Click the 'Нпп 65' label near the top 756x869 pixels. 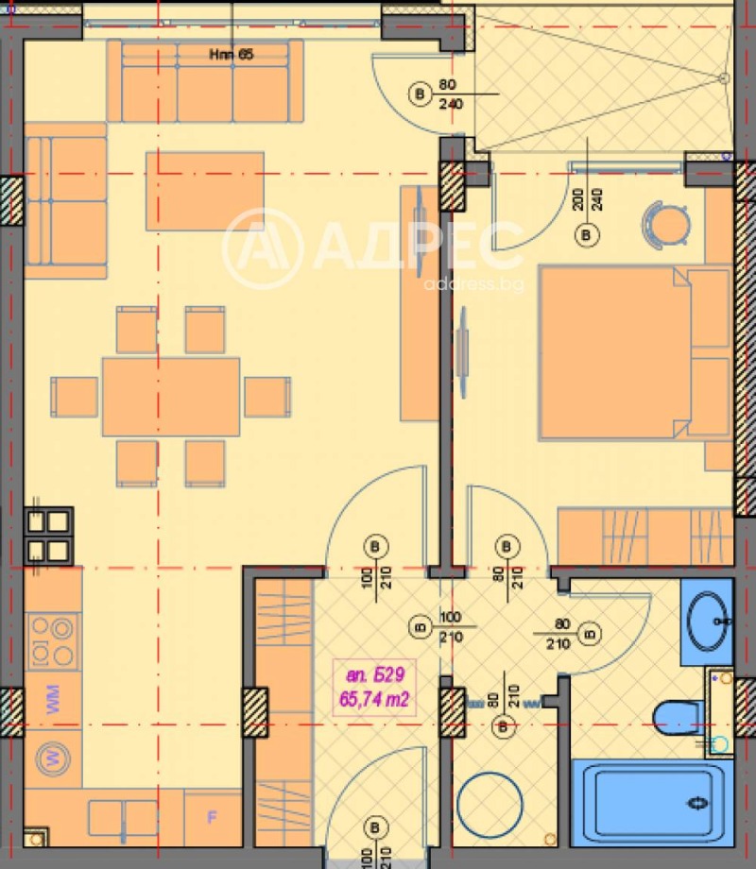click(231, 55)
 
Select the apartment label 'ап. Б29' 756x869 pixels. click(375, 674)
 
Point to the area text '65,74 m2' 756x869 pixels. click(375, 699)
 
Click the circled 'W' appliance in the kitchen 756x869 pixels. click(53, 757)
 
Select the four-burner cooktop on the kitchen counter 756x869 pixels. click(52, 640)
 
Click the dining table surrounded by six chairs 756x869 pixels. click(171, 396)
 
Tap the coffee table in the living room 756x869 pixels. click(204, 191)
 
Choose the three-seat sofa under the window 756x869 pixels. click(204, 83)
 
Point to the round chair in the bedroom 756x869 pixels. click(665, 224)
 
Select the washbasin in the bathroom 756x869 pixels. click(707, 621)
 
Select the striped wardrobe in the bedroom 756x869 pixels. click(644, 537)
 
